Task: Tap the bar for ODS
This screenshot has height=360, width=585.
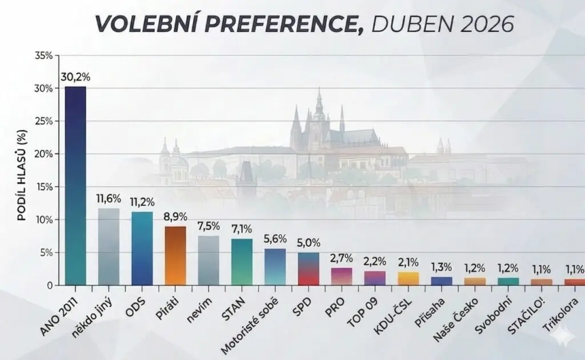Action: coord(142,248)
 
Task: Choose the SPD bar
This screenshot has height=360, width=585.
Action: coord(308,269)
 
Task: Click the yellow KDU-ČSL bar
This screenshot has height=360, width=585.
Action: coord(408,278)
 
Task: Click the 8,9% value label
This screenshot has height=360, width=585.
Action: coord(175,217)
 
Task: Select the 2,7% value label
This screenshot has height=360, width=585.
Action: coord(342,258)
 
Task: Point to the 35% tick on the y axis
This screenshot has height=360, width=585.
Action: coord(43,55)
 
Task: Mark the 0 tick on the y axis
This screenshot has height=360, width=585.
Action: coord(50,285)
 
